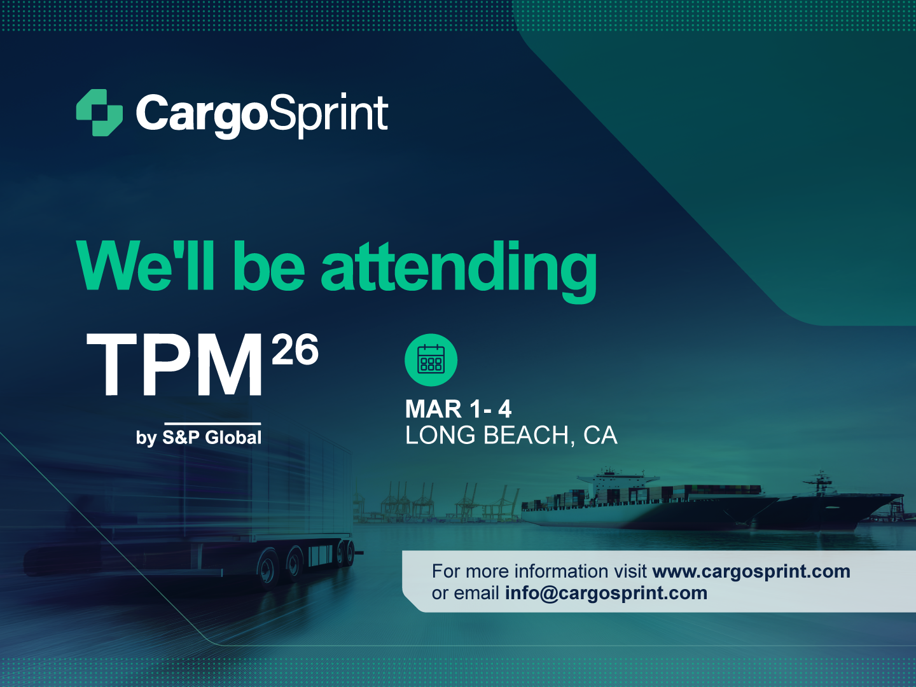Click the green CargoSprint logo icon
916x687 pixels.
(99, 113)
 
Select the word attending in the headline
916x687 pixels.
(459, 267)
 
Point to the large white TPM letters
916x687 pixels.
(175, 365)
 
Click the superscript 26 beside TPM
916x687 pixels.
(295, 350)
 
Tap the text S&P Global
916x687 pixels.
(212, 438)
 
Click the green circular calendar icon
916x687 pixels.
(431, 360)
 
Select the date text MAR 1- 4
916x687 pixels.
(458, 409)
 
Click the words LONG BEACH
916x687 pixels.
(487, 436)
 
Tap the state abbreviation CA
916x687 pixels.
(600, 436)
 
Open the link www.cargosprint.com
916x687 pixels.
(751, 571)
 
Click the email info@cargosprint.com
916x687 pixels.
(606, 593)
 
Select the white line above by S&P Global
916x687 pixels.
(212, 423)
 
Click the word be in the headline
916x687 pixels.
(268, 267)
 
